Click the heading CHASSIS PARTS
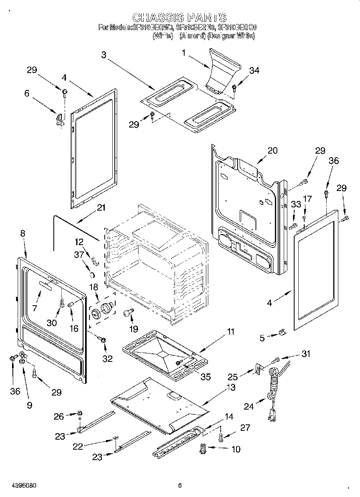pyautogui.click(x=179, y=18)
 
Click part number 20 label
pyautogui.click(x=273, y=151)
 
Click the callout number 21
pyautogui.click(x=101, y=208)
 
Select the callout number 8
pyautogui.click(x=22, y=233)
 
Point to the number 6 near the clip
pyautogui.click(x=27, y=93)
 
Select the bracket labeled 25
pyautogui.click(x=257, y=368)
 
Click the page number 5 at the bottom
pyautogui.click(x=180, y=485)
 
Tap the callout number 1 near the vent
pyautogui.click(x=183, y=52)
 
